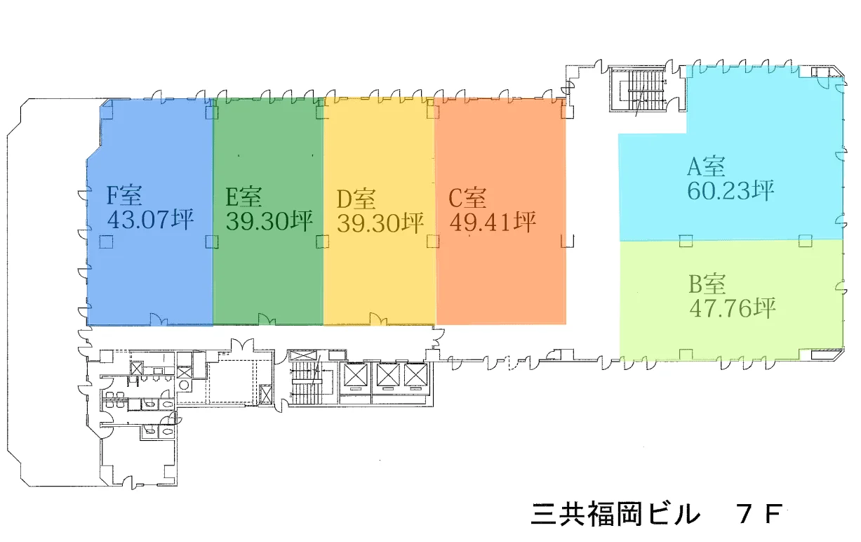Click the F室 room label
click(x=124, y=196)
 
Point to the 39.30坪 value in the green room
click(x=269, y=221)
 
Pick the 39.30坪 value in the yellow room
click(x=380, y=223)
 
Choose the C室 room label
click(x=467, y=199)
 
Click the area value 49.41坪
click(x=493, y=223)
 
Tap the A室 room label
click(x=706, y=167)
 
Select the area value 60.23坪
click(x=730, y=190)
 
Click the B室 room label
click(x=707, y=284)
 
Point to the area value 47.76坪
click(x=733, y=308)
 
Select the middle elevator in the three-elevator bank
click(x=387, y=375)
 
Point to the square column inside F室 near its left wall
click(x=105, y=242)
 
